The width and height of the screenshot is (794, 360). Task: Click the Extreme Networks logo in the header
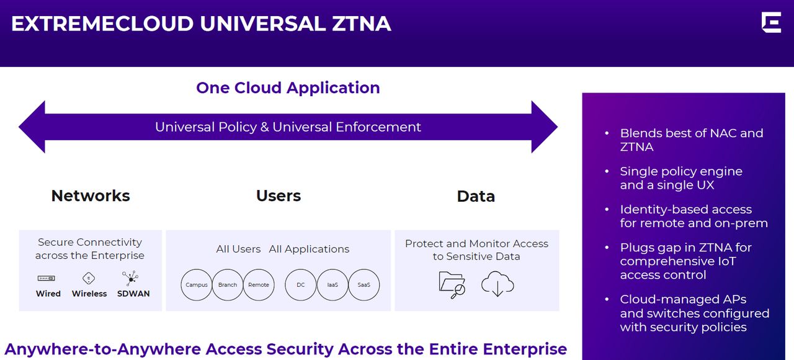point(771,22)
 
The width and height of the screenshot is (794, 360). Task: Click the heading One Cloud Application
point(288,88)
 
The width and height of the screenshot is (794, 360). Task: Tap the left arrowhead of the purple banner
point(32,127)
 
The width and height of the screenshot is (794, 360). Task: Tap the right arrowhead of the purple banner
point(544,127)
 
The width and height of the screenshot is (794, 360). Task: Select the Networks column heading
point(91,196)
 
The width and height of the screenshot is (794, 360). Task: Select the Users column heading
point(279,196)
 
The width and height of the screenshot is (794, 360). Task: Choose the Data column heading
point(476,196)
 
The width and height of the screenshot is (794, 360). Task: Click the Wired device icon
point(48,278)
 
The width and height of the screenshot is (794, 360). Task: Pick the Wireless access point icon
point(89,278)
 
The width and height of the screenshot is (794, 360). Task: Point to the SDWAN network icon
point(130,278)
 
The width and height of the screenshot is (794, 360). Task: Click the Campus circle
point(197,285)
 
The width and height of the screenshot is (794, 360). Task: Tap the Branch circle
point(228,285)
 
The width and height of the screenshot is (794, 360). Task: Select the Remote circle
point(259,285)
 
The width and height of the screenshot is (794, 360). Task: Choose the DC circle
point(301,285)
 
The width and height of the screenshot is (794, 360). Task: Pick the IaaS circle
point(332,285)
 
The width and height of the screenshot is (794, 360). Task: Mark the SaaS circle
point(364,285)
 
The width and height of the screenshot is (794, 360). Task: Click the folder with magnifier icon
point(452,284)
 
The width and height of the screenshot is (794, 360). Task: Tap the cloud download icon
point(497,284)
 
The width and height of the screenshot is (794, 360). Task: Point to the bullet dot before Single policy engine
point(607,172)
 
